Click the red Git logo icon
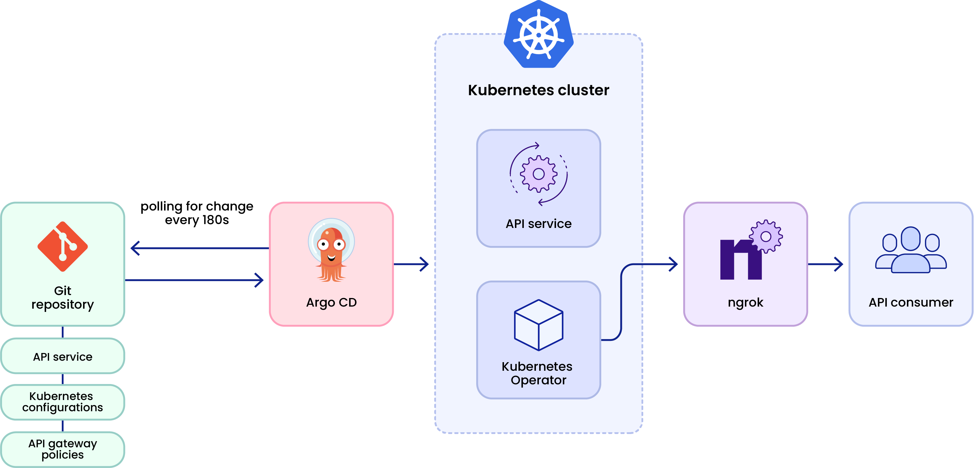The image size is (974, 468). coord(63,247)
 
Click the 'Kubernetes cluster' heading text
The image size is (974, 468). coord(538,90)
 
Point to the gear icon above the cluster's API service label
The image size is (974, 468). coord(538,174)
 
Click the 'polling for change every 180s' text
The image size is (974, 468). coord(197,213)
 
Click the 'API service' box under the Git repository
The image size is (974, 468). coord(63,357)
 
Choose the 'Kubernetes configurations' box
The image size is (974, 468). coord(63,402)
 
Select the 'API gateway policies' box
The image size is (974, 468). coord(63,449)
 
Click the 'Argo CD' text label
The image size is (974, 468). coord(331,302)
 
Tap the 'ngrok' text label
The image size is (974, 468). coord(745,302)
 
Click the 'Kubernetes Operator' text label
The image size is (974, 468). coord(538,373)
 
